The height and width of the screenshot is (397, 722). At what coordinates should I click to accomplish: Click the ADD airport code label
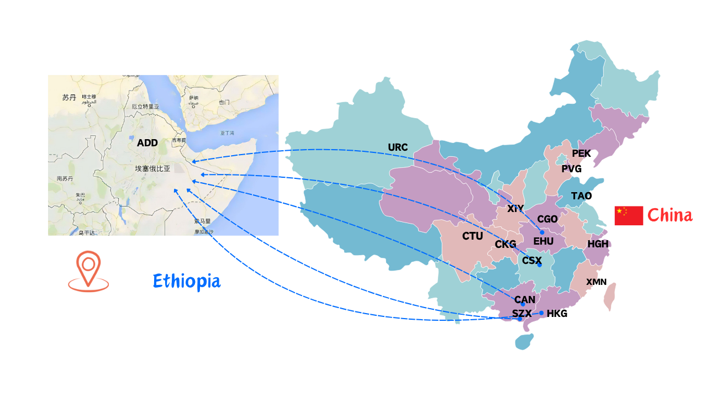[x=147, y=143]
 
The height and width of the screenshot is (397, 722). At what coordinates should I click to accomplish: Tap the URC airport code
[x=398, y=147]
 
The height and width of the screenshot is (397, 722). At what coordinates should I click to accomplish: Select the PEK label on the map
[x=581, y=153]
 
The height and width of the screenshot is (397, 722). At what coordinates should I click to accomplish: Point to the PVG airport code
[x=571, y=169]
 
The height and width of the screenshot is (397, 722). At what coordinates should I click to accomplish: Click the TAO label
[x=581, y=196]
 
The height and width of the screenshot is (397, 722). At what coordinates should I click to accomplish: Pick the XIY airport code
[x=515, y=209]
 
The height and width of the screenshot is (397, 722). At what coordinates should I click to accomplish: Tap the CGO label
[x=547, y=219]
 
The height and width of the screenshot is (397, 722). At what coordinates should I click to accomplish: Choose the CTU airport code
[x=472, y=236]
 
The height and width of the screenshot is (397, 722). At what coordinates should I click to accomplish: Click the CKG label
[x=505, y=244]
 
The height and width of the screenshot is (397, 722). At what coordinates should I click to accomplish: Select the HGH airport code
[x=598, y=244]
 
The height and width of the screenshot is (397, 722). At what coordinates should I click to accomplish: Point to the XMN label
[x=596, y=282]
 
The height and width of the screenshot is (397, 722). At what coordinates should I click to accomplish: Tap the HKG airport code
[x=557, y=314]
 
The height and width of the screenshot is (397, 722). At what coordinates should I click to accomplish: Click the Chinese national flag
[x=629, y=215]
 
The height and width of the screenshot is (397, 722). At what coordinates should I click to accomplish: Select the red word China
[x=670, y=215]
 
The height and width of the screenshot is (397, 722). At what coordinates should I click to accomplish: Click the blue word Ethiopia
[x=187, y=281]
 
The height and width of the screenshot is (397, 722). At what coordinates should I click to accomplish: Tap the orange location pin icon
[x=88, y=271]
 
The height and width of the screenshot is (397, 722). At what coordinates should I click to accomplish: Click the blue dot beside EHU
[x=542, y=232]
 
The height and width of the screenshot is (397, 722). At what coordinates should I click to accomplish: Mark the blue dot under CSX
[x=539, y=266]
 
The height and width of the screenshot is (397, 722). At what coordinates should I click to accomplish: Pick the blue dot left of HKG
[x=541, y=313]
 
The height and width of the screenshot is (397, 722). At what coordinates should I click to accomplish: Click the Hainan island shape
[x=524, y=341]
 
